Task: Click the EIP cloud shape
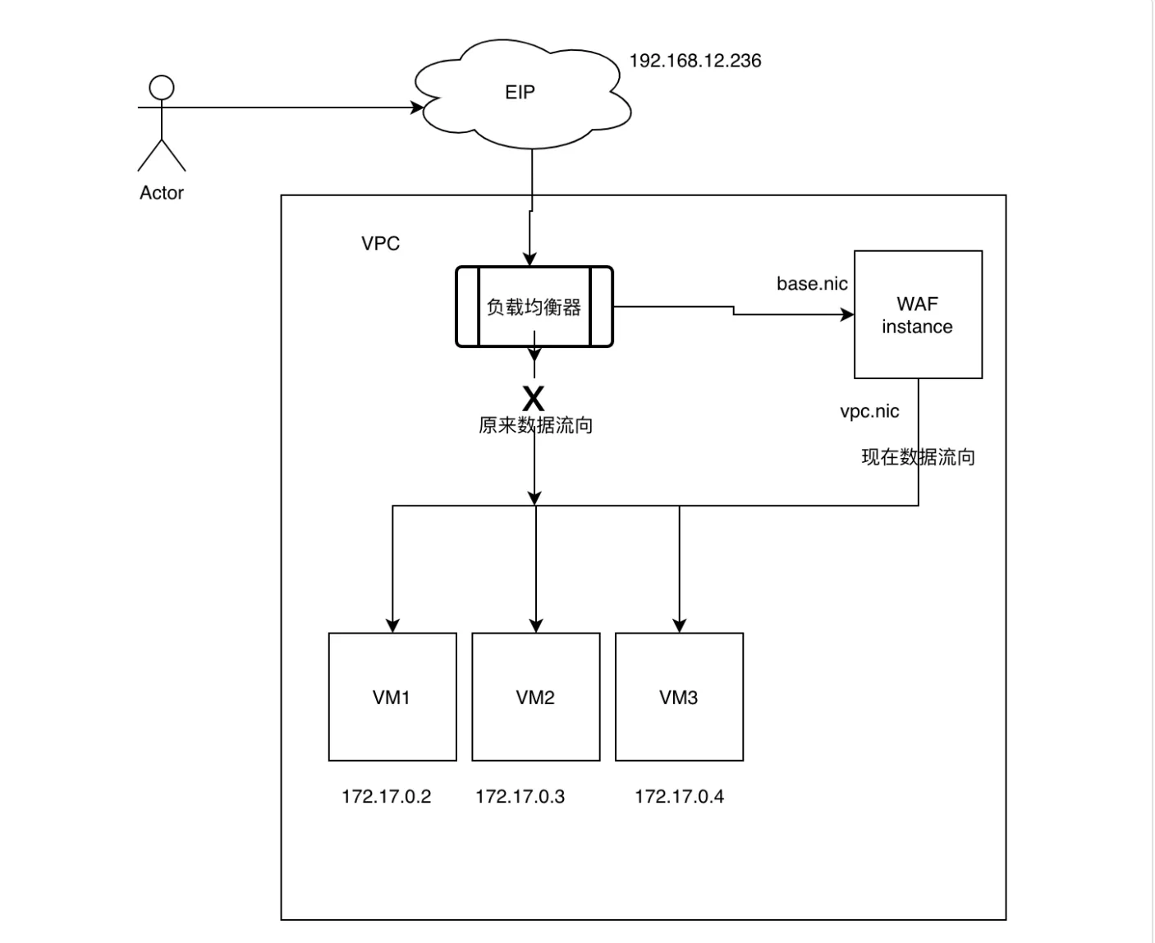[x=520, y=93]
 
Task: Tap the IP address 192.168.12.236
[x=695, y=61]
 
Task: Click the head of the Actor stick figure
[x=162, y=88]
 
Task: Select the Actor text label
[x=162, y=193]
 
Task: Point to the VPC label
[x=381, y=244]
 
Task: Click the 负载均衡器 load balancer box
[x=534, y=307]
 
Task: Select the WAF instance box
[x=918, y=315]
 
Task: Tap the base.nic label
[x=812, y=284]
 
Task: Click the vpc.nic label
[x=869, y=411]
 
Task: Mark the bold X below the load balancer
[x=534, y=399]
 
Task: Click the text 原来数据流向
[x=535, y=425]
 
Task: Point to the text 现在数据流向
[x=918, y=457]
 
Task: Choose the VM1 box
[x=392, y=697]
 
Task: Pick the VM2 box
[x=536, y=697]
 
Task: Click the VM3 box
[x=679, y=697]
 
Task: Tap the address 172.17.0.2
[x=387, y=797]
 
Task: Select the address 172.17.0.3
[x=520, y=797]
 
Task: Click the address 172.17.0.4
[x=679, y=797]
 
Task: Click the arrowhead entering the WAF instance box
[x=847, y=314]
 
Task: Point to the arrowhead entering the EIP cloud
[x=417, y=108]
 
